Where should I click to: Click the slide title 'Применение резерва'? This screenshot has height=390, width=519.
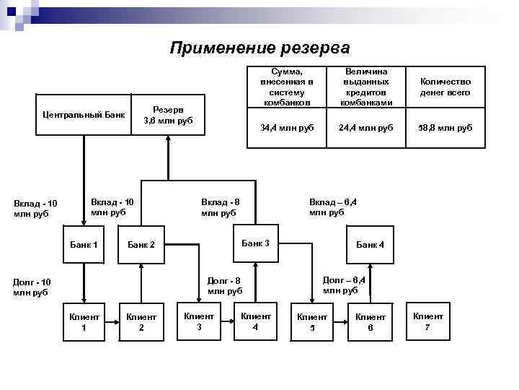click(259, 48)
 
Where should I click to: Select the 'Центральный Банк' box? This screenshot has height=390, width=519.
click(84, 114)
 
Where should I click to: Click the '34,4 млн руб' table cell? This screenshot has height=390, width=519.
click(286, 127)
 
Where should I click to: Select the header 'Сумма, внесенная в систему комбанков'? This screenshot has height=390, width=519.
click(286, 87)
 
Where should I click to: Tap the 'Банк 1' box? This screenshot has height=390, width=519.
click(84, 245)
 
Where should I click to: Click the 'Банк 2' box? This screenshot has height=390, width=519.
click(142, 246)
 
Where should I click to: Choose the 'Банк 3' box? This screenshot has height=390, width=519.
click(255, 243)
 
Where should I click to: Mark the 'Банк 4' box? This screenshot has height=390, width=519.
click(371, 245)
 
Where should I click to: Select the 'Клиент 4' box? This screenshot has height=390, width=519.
click(255, 321)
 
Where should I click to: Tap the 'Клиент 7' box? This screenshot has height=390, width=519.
click(428, 321)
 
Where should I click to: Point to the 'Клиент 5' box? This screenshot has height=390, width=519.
click(312, 322)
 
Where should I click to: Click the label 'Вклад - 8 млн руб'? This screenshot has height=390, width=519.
click(219, 207)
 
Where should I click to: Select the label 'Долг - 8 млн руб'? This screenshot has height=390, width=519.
click(224, 285)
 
